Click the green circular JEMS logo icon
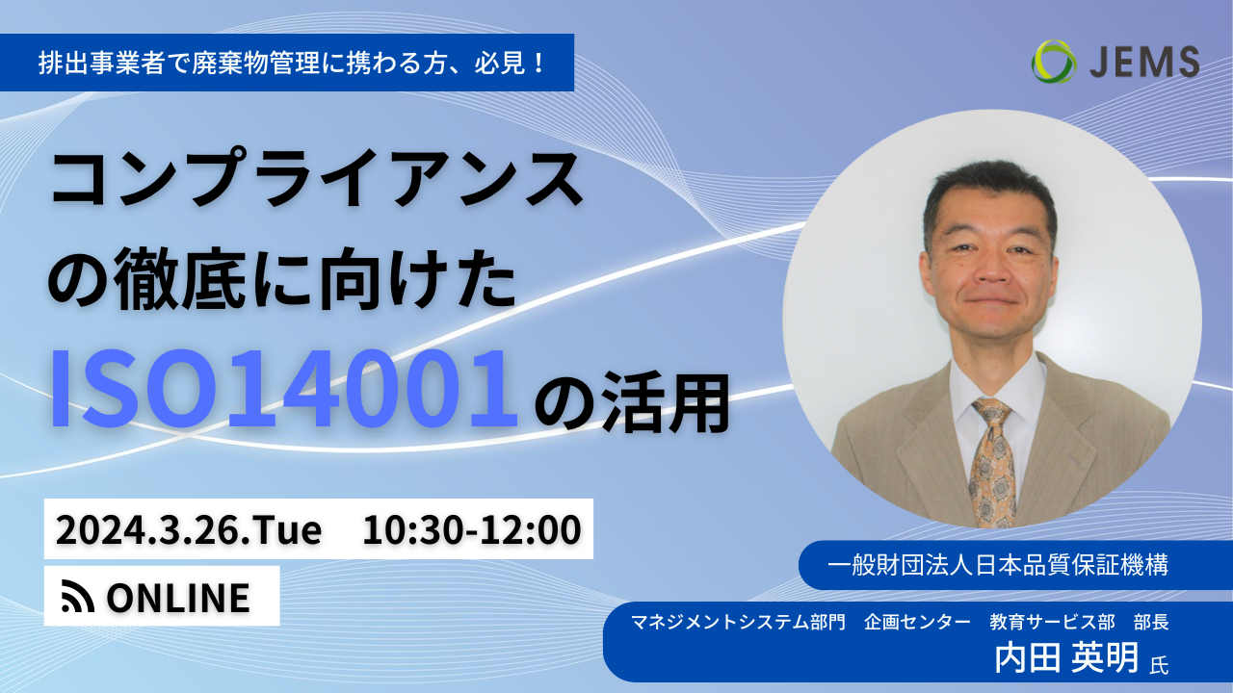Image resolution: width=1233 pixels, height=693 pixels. (x=1054, y=62)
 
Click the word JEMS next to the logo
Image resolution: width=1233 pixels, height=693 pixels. (x=1144, y=62)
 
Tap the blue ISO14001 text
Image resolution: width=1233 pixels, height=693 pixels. (x=284, y=388)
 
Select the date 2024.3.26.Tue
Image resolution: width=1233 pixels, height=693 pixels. (x=189, y=529)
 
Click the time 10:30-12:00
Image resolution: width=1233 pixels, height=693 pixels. (x=472, y=529)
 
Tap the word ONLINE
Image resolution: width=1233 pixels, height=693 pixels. (x=178, y=598)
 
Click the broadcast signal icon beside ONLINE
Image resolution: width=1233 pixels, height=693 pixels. (x=78, y=596)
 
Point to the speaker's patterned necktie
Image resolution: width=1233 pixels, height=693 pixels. (x=992, y=462)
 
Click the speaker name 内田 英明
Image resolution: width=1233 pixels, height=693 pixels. (x=1066, y=657)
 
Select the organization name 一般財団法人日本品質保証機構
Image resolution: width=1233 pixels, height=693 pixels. (x=997, y=565)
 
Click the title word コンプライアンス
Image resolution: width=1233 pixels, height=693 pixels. (x=317, y=179)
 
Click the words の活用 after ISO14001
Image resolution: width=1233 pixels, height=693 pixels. (x=632, y=403)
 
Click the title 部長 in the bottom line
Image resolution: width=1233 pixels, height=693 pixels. (x=1151, y=622)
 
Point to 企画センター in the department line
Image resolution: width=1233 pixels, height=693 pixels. (x=917, y=622)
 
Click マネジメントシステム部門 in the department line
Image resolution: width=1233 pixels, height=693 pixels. (x=738, y=622)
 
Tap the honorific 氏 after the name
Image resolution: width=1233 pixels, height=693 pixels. (x=1159, y=665)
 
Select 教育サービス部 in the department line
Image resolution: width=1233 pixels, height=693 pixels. (x=1052, y=622)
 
